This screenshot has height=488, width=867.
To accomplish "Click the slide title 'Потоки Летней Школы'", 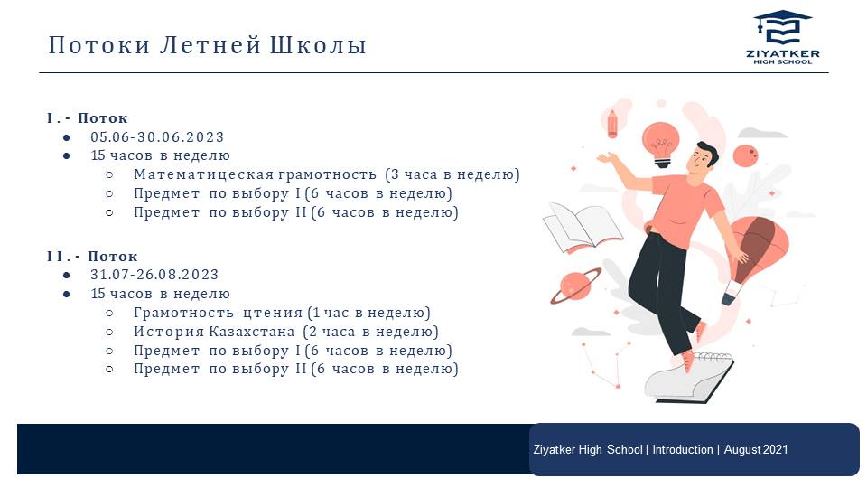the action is [208, 45].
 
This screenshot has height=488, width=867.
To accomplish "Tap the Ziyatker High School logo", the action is [782, 36].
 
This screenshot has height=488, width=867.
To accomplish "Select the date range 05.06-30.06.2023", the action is [157, 136].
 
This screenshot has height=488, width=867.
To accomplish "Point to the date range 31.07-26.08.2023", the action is [154, 275].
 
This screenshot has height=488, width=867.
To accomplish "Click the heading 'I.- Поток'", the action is [88, 117].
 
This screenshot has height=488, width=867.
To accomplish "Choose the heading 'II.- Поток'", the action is [92, 256].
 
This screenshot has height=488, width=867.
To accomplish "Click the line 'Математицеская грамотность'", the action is [255, 174].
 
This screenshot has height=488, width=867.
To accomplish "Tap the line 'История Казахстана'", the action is [214, 332].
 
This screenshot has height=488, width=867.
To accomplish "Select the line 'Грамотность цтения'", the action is [218, 313].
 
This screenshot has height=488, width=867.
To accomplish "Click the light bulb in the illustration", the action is [661, 144].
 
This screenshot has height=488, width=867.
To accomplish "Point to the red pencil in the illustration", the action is [612, 124].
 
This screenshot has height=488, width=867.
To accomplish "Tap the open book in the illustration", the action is [583, 228].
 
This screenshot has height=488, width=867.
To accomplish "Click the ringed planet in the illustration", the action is [575, 286].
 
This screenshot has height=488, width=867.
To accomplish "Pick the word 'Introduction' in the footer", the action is [683, 449].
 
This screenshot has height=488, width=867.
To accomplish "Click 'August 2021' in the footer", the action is [756, 449].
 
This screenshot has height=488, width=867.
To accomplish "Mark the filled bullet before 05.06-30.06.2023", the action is [67, 137].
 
